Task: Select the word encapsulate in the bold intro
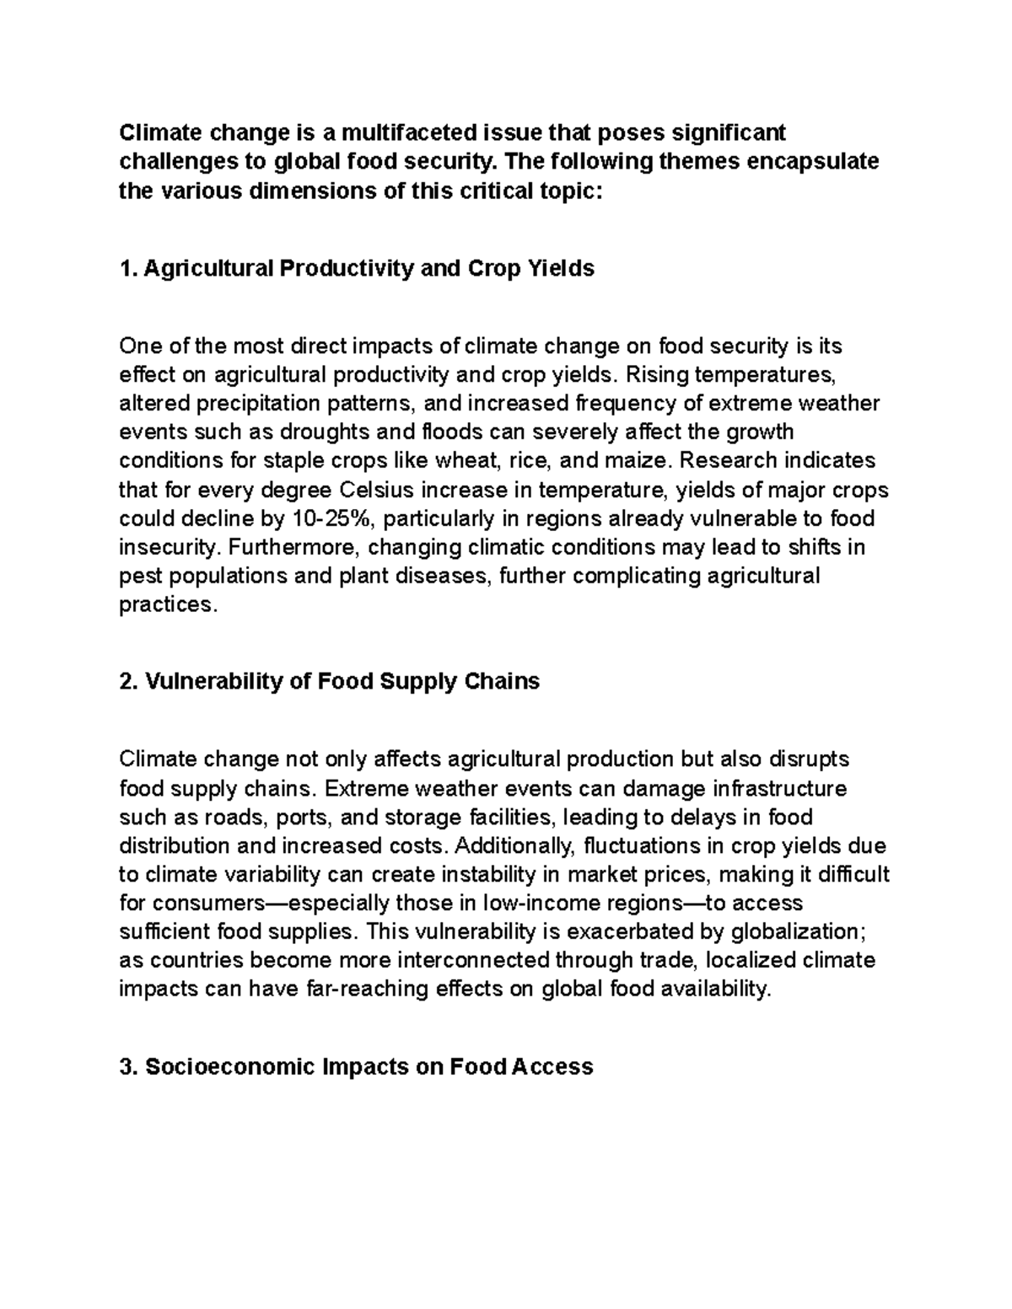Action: pyautogui.click(x=810, y=161)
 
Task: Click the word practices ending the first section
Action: pyautogui.click(x=166, y=605)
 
